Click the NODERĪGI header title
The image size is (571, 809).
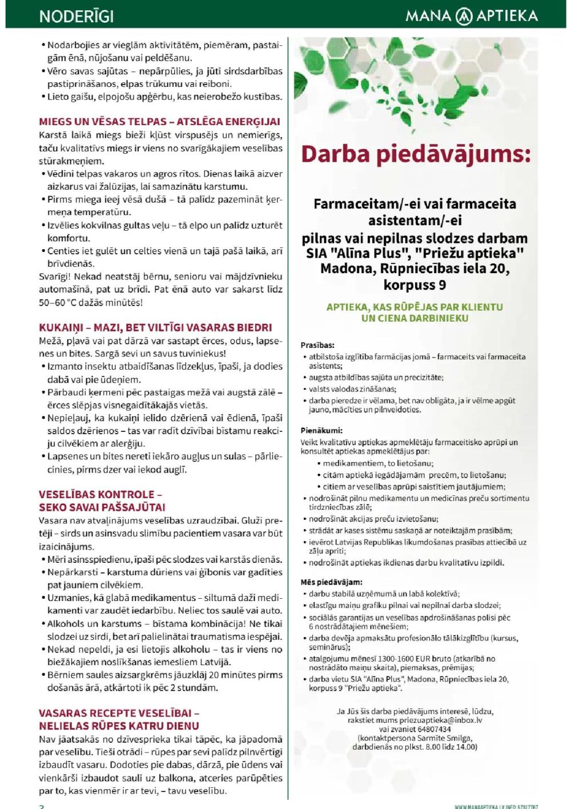77,16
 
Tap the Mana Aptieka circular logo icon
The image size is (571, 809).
464,16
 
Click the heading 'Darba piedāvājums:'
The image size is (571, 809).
415,154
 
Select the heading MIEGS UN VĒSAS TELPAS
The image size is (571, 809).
159,122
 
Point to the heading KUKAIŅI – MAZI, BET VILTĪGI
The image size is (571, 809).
155,327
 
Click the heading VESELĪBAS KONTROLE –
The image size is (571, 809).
100,494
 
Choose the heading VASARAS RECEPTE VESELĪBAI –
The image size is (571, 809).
119,713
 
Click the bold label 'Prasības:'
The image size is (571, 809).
317,345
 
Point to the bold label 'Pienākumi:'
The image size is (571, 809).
321,431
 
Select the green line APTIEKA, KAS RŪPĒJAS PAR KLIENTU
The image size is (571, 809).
415,307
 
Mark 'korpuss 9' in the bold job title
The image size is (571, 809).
415,285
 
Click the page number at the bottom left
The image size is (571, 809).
41,806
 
